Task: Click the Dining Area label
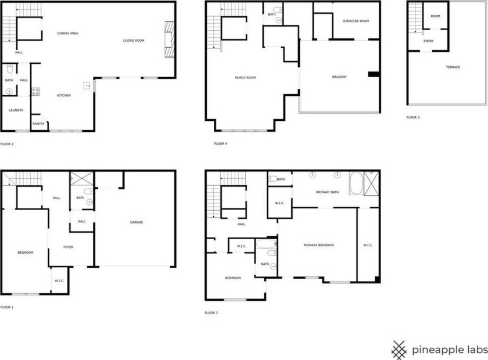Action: [68, 34]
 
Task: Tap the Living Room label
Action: [134, 41]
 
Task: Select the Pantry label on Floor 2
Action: [38, 124]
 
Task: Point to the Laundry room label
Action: [16, 110]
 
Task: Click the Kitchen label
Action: [64, 95]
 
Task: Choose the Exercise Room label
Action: [356, 21]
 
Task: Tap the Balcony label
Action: [340, 77]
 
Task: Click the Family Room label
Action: [245, 77]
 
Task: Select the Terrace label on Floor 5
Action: [453, 67]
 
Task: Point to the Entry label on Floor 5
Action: [429, 41]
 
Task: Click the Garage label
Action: [137, 222]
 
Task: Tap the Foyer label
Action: [69, 247]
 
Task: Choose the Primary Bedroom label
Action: [319, 245]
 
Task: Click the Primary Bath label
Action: [327, 192]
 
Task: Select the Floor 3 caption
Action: [211, 313]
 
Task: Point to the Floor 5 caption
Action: [413, 117]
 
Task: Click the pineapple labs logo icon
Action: [399, 350]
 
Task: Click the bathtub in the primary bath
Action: [356, 183]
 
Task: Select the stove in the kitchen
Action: [35, 91]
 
